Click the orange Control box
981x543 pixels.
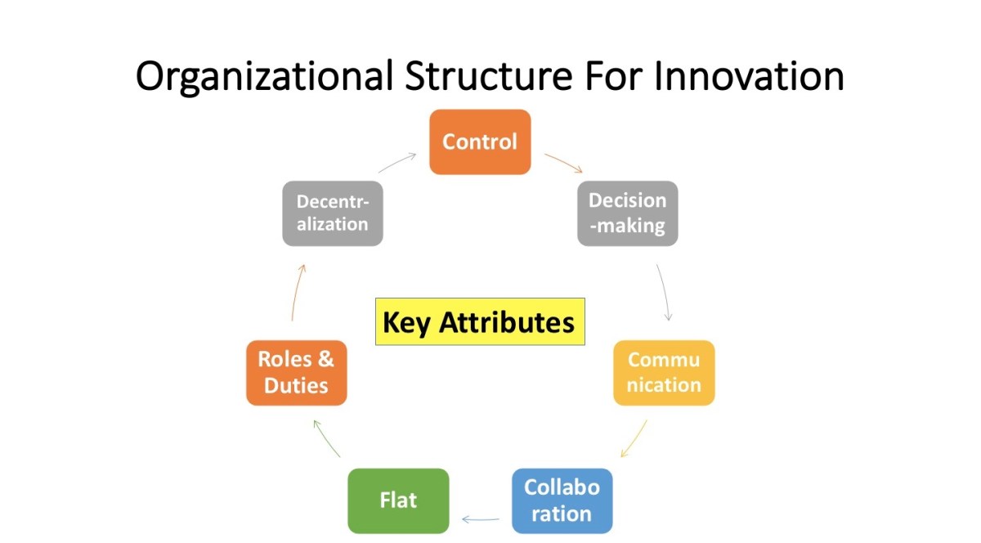[480, 141]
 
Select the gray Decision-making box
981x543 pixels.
[627, 213]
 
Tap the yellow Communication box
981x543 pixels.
[664, 372]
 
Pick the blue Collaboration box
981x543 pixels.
[562, 500]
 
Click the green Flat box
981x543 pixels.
[398, 500]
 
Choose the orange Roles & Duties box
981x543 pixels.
[296, 372]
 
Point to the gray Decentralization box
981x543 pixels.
[333, 213]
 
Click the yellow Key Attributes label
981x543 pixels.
[480, 321]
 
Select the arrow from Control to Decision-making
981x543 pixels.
[563, 162]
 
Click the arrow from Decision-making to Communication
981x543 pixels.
[665, 291]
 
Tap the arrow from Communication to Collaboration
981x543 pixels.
[634, 439]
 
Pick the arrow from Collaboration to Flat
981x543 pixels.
[481, 518]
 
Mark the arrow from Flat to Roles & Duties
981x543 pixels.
[327, 439]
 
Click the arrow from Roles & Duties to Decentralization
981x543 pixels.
[298, 291]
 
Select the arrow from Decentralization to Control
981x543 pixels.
[398, 161]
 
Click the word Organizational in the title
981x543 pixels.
[262, 76]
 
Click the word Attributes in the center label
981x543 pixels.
[507, 322]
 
